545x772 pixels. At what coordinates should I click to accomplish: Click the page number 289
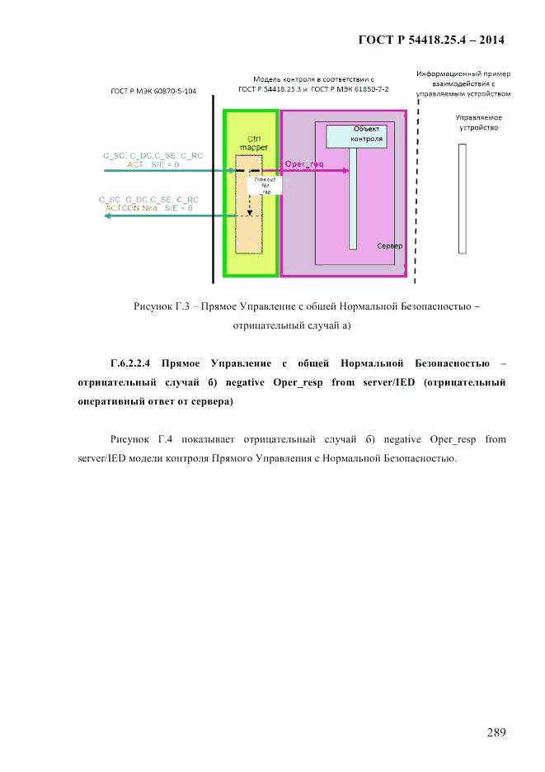495,732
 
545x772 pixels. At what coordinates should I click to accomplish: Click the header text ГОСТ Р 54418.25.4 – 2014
431,39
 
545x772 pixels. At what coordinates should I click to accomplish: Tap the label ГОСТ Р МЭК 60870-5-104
153,92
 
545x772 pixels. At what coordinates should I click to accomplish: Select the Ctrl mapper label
247,141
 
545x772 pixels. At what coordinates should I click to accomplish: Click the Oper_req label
304,164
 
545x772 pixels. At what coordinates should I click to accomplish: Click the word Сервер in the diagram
389,247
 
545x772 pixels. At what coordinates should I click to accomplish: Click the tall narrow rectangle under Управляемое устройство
463,198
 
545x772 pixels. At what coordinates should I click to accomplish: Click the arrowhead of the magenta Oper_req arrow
345,172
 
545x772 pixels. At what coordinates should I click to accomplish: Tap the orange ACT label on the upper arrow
135,164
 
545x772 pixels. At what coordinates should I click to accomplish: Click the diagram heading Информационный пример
464,73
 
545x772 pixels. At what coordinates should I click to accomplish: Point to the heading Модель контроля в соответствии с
313,78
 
